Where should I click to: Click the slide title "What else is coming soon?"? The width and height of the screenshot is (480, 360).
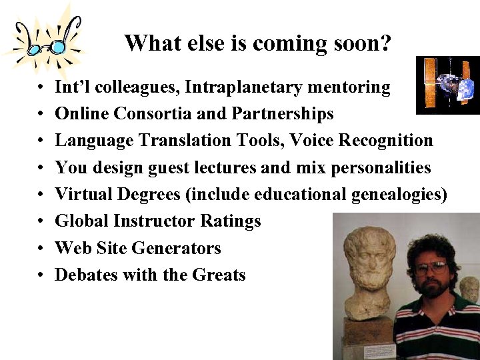pyautogui.click(x=257, y=43)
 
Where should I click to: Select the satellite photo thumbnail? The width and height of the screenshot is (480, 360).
pyautogui.click(x=447, y=85)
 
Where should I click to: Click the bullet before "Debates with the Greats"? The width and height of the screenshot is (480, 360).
pyautogui.click(x=41, y=275)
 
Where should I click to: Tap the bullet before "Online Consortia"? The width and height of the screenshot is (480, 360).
pyautogui.click(x=41, y=115)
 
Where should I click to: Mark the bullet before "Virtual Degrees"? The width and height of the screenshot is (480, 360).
pyautogui.click(x=41, y=195)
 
